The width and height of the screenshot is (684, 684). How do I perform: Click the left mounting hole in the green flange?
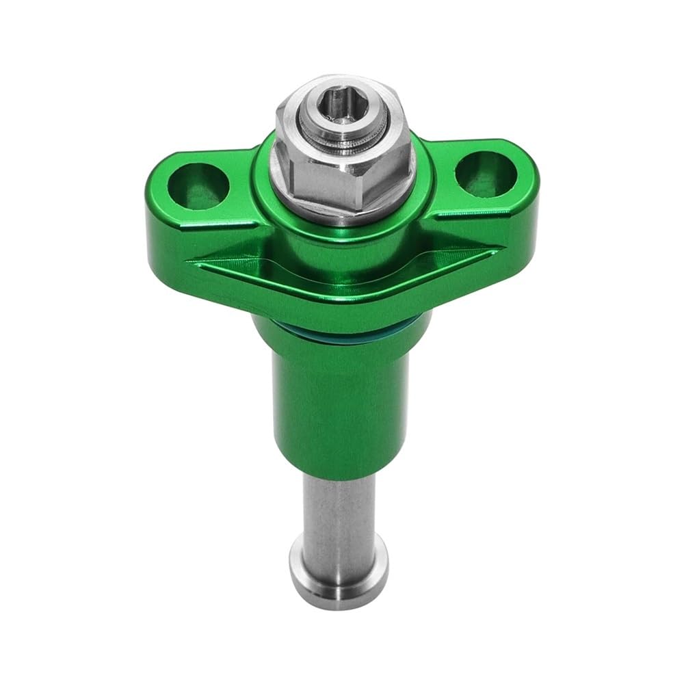pos(200,183)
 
